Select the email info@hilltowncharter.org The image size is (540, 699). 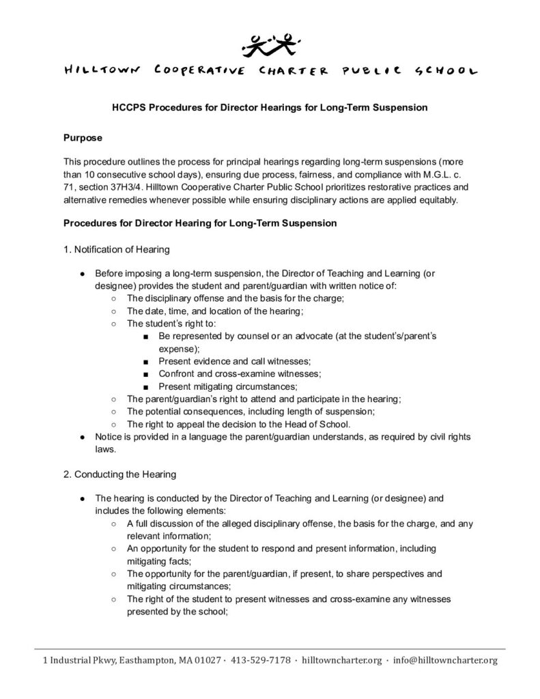click(446, 660)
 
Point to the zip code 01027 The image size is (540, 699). click(204, 660)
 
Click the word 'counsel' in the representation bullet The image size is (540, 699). click(248, 337)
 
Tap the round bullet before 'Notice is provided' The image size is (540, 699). click(81, 436)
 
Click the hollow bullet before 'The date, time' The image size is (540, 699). click(113, 311)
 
